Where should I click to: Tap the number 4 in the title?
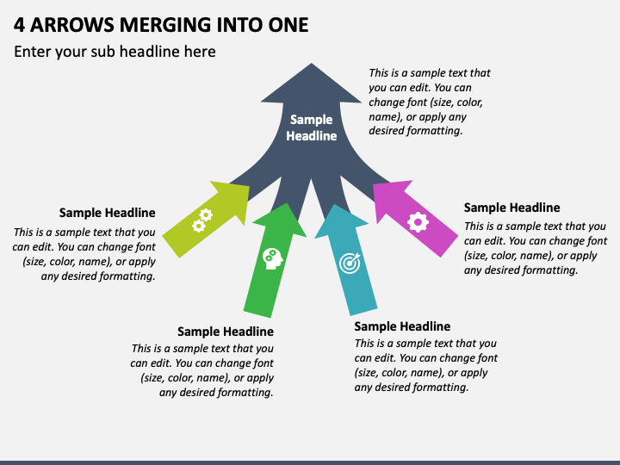click(x=19, y=25)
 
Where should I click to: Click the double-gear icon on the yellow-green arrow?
click(x=202, y=220)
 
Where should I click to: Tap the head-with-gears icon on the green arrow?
click(x=273, y=259)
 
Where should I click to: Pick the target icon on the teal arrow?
click(x=350, y=263)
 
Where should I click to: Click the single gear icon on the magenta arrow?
click(x=418, y=222)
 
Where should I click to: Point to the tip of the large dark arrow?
click(x=311, y=63)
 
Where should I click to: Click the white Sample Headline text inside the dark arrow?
click(x=312, y=127)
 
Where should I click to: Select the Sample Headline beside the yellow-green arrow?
click(x=107, y=213)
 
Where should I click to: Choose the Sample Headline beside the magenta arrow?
click(x=512, y=208)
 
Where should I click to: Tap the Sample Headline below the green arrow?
click(x=226, y=332)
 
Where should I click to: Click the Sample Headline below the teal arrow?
click(x=402, y=326)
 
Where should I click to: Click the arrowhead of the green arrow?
click(x=282, y=220)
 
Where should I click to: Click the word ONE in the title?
click(x=288, y=25)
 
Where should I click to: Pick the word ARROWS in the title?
click(x=72, y=25)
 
